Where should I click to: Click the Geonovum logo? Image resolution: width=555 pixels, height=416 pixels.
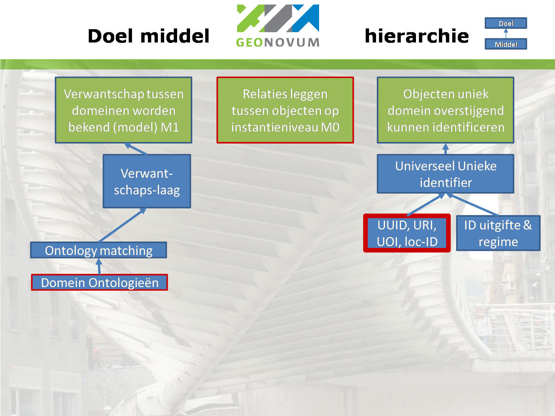point(278,26)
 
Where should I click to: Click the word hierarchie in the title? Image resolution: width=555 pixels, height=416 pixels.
point(417,36)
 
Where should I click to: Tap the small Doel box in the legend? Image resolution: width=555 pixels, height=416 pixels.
point(506,23)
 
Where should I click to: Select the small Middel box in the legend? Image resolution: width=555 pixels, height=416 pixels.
point(506,44)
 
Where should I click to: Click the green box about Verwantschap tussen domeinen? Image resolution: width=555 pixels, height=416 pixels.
point(123,110)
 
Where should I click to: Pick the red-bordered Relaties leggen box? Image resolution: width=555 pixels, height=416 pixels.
point(285,110)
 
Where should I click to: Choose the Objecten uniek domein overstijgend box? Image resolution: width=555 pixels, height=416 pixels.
point(446,110)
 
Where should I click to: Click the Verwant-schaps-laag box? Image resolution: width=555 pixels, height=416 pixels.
point(147,181)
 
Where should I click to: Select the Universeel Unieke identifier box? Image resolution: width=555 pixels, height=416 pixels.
point(446,174)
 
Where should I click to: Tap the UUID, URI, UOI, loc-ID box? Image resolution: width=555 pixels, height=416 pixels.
point(407,233)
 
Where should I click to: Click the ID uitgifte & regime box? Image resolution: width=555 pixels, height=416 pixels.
point(498,233)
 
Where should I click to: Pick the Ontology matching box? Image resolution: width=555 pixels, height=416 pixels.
point(98,250)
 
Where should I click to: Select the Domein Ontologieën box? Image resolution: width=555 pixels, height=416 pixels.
point(99,283)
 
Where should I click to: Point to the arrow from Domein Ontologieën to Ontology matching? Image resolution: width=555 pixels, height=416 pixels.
point(99,266)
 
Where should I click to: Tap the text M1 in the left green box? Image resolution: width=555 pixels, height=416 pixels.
point(170,127)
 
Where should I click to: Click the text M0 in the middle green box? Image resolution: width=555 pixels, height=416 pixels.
point(330,127)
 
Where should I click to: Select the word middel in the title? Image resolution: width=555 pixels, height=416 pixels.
point(175,36)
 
